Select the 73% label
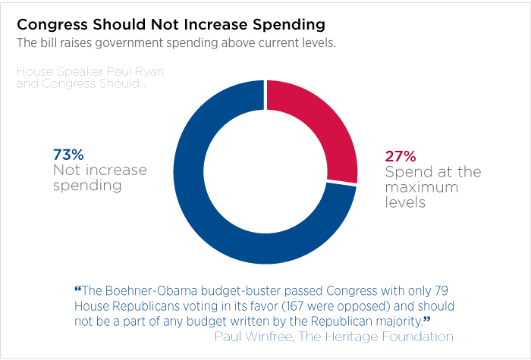click(68, 155)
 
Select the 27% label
click(401, 157)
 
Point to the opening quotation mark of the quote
click(78, 290)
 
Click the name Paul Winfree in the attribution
click(253, 335)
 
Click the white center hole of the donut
click(265, 171)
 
